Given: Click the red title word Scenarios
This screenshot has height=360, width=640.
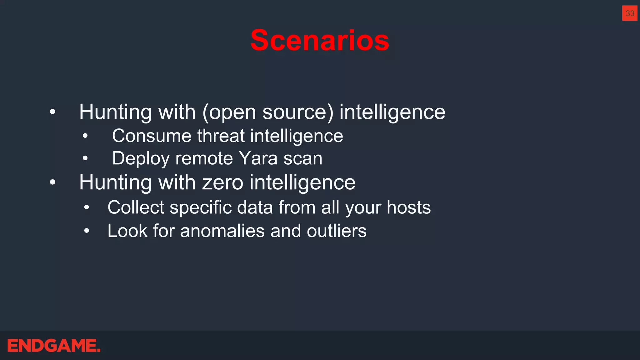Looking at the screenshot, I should [320, 40].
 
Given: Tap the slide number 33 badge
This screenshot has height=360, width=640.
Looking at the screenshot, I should [630, 13].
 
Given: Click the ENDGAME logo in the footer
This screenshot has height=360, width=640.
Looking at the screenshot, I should [54, 346].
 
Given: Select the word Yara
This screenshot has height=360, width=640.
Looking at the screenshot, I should [258, 158].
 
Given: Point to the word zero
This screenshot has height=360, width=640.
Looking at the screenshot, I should [222, 182].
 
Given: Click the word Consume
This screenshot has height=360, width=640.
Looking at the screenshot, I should [152, 136].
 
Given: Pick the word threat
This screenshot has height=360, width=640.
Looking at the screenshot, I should [221, 136].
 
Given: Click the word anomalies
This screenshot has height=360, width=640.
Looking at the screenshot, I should [222, 231].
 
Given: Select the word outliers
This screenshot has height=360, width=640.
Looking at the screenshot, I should [337, 231].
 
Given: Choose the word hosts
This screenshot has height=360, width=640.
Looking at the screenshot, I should [408, 207].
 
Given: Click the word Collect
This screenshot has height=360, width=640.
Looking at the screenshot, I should [136, 207].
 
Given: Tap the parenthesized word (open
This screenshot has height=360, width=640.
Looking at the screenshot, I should [229, 112].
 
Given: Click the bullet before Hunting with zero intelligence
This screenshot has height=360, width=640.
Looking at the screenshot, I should [52, 182].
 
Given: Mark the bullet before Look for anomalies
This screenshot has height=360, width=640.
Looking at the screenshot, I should [87, 231].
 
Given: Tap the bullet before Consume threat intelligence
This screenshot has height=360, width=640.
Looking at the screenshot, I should [85, 136].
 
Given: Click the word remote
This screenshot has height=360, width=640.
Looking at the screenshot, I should [204, 158].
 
